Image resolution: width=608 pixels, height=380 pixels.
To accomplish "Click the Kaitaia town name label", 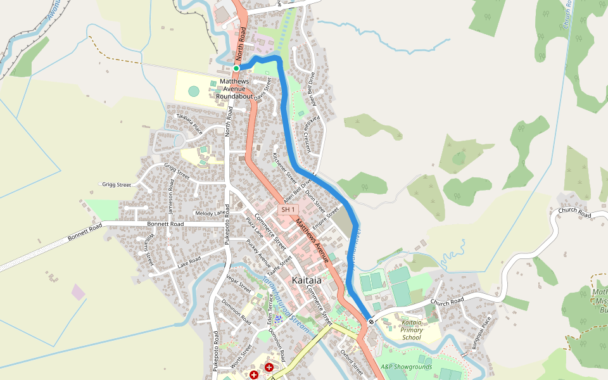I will pyautogui.click(x=307, y=280).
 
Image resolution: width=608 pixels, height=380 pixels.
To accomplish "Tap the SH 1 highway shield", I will pyautogui.click(x=289, y=210).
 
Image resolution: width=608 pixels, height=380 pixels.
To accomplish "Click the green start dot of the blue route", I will pyautogui.click(x=236, y=68).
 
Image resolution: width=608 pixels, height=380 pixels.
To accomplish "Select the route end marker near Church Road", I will pyautogui.click(x=370, y=322).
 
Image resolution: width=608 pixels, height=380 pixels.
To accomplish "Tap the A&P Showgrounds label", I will pyautogui.click(x=406, y=367).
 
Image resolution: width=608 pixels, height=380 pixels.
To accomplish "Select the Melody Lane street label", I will pyautogui.click(x=210, y=213).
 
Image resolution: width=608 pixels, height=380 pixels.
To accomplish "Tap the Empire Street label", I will pyautogui.click(x=326, y=217).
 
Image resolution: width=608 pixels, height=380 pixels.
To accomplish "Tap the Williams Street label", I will pyautogui.click(x=148, y=249).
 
